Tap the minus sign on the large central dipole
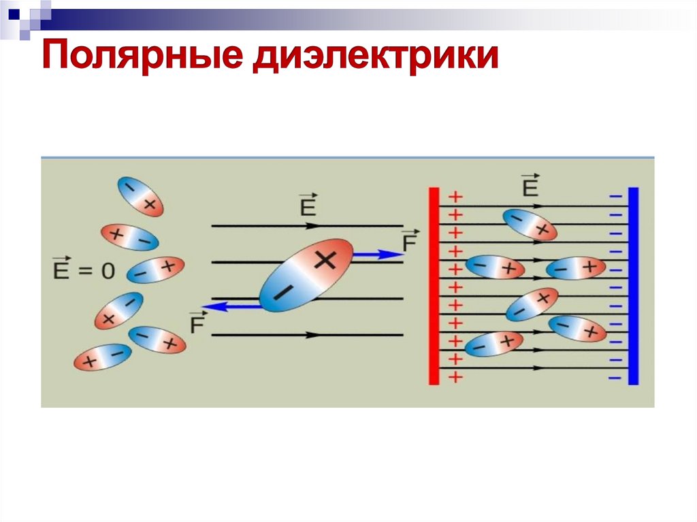click(281, 293)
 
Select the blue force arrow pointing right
click(377, 254)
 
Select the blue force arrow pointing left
click(231, 307)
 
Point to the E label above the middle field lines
click(308, 205)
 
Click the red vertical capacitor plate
click(434, 285)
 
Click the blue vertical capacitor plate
click(633, 285)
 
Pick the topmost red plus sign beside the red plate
click(455, 197)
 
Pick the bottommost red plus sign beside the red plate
click(455, 376)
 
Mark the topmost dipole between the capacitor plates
click(530, 224)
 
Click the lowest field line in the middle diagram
click(307, 335)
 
